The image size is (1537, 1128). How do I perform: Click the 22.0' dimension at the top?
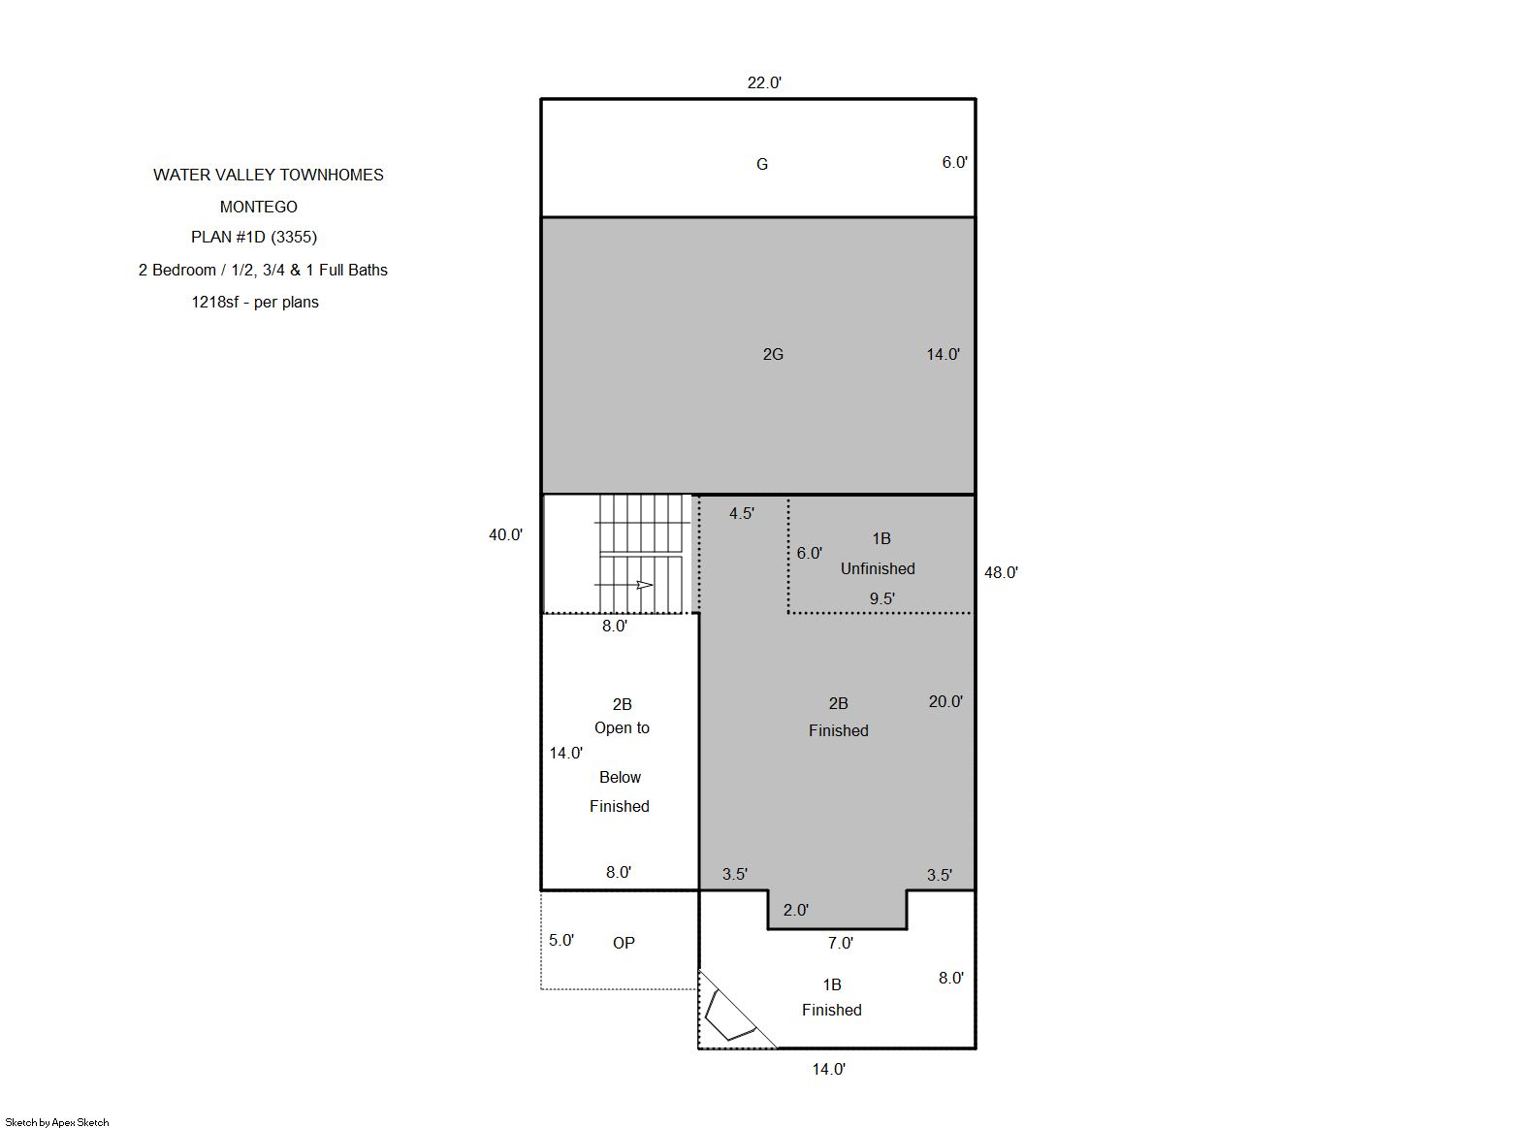[x=764, y=83]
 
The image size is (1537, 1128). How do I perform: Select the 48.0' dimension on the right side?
[x=1001, y=572]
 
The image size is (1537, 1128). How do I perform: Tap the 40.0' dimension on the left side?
[x=505, y=534]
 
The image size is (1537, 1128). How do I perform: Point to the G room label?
[x=761, y=164]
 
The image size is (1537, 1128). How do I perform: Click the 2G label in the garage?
[x=773, y=354]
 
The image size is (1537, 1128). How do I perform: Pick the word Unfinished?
[x=878, y=568]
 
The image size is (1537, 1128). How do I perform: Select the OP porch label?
[x=623, y=943]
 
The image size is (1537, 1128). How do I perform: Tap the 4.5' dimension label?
[x=741, y=513]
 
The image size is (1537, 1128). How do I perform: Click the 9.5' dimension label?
[x=881, y=598]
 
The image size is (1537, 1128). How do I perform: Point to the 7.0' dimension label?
[x=840, y=943]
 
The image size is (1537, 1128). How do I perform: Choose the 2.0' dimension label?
[x=795, y=910]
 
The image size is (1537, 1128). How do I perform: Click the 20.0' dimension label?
[x=945, y=701]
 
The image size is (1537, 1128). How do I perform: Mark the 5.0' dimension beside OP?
[x=560, y=940]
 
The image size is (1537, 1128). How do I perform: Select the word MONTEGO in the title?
[x=258, y=207]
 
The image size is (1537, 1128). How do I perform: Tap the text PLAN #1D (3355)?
[x=254, y=237]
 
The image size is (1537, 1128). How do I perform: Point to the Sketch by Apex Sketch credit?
[x=57, y=1122]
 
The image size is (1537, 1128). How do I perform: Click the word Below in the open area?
[x=620, y=778]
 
